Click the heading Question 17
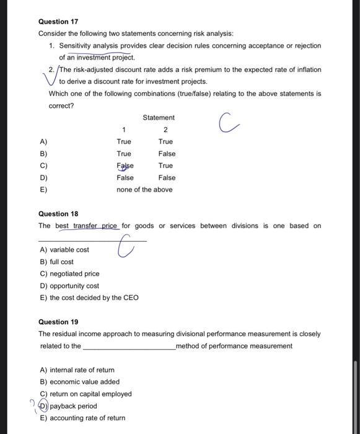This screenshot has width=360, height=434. (x=58, y=21)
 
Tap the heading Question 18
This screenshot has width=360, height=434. (x=58, y=214)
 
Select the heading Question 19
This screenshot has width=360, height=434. (x=58, y=322)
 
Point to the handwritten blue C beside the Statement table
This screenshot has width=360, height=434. (x=227, y=123)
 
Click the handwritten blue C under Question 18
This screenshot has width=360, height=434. (x=125, y=249)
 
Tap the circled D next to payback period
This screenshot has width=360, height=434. (x=43, y=406)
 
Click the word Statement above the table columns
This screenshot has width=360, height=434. (x=159, y=118)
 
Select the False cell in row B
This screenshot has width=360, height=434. (x=167, y=154)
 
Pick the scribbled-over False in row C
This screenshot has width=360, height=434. (x=125, y=166)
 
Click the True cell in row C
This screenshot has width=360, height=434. (x=165, y=166)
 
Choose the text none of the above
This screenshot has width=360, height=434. (x=144, y=190)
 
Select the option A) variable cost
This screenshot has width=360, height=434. (x=64, y=250)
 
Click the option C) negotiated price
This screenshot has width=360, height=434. (x=69, y=273)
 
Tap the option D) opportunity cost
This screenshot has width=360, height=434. (x=69, y=286)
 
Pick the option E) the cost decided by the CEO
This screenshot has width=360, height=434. (x=89, y=298)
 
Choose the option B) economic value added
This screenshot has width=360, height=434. (x=80, y=382)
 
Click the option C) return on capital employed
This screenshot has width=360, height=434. (x=86, y=394)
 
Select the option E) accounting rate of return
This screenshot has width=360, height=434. (x=82, y=418)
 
